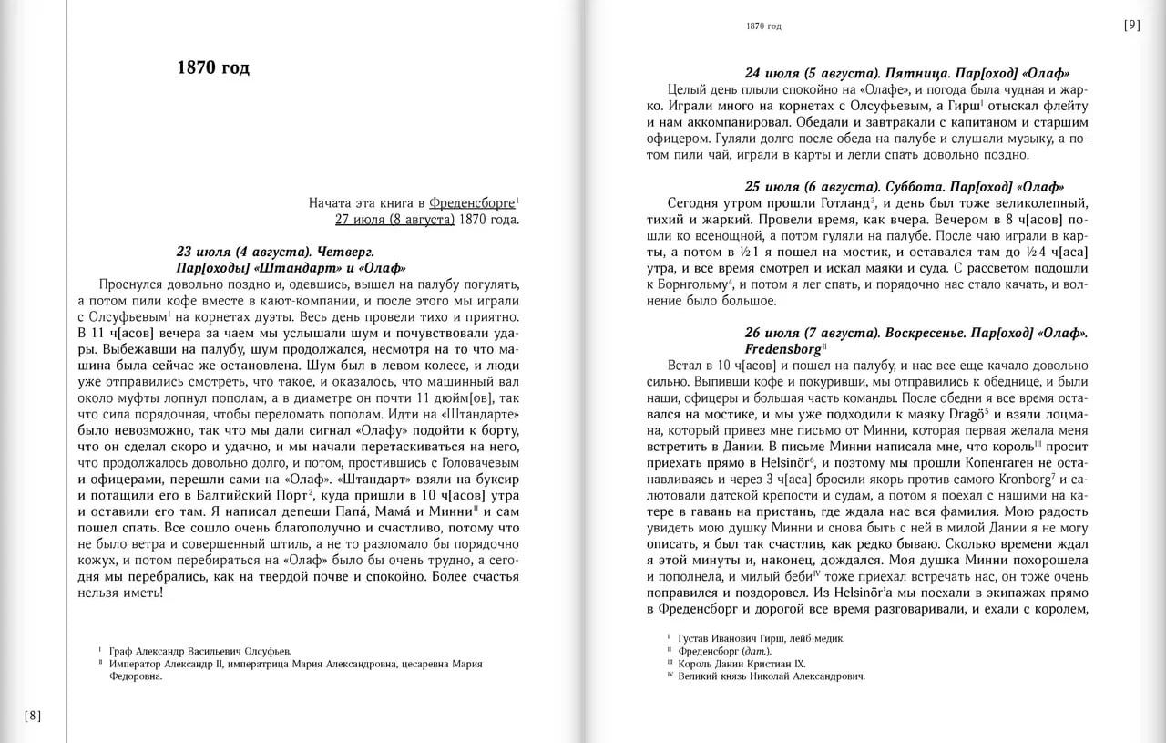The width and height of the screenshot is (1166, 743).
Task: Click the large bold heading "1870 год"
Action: coord(212,68)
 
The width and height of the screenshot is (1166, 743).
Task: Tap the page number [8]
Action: coord(33,715)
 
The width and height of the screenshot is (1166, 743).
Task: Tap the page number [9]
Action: coord(1131,26)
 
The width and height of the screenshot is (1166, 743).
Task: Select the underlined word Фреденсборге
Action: coord(471,202)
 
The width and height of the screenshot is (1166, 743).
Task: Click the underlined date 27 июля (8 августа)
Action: coord(394,220)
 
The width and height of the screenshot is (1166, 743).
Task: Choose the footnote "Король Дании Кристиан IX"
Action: coord(742,664)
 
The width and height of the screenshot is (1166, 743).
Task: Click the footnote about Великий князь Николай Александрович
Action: coord(771,676)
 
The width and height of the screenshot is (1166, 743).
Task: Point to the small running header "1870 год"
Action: coord(763,26)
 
